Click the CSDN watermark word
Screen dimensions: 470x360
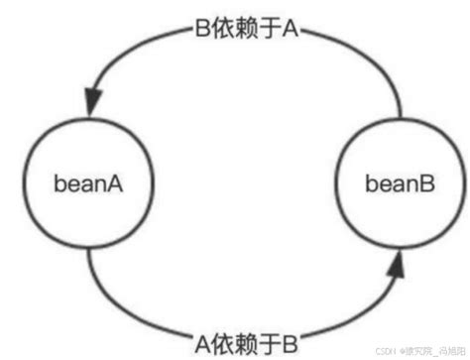point(381,351)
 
